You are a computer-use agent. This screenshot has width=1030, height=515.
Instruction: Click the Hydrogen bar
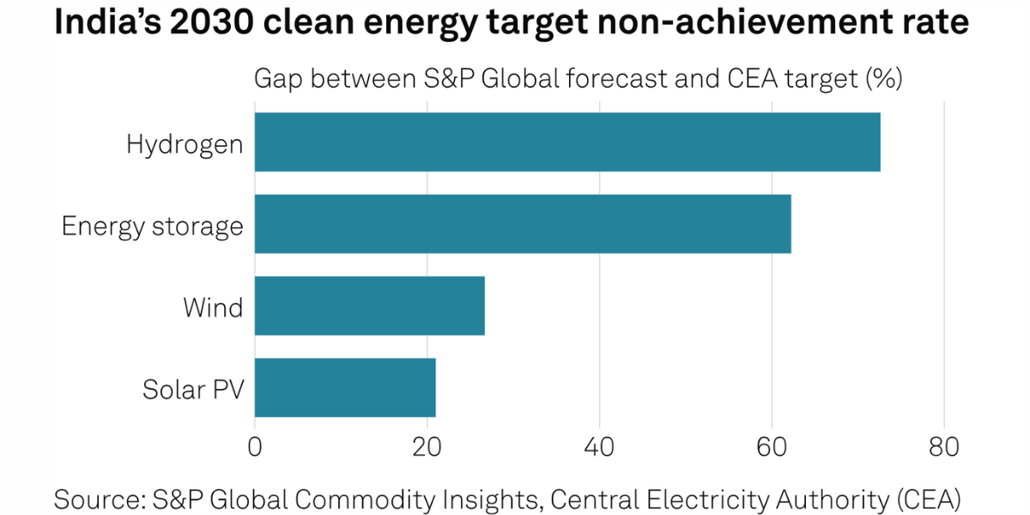pos(567,142)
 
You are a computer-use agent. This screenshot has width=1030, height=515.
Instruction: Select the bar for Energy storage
pos(523,224)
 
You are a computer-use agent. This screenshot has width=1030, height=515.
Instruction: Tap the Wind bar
pos(370,306)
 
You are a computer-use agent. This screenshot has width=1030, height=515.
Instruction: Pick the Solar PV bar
pos(345,388)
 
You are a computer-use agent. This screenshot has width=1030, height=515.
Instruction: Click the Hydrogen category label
pos(185,143)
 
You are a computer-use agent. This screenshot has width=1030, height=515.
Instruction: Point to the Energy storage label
pos(152,226)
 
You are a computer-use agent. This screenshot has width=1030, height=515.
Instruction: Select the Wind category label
pos(213,307)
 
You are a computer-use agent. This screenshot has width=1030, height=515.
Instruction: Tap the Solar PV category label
pos(193,389)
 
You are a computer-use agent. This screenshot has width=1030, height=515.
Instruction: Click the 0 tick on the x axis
pos(255,447)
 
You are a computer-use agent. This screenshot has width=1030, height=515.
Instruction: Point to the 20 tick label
pos(427,447)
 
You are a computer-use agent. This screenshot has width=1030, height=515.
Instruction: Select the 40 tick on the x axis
pos(600,447)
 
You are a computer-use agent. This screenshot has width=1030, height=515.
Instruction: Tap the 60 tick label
pos(772,447)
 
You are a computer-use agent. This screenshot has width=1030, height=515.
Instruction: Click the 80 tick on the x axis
pos(944,447)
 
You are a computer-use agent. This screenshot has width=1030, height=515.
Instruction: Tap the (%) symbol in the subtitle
pos(883,79)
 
